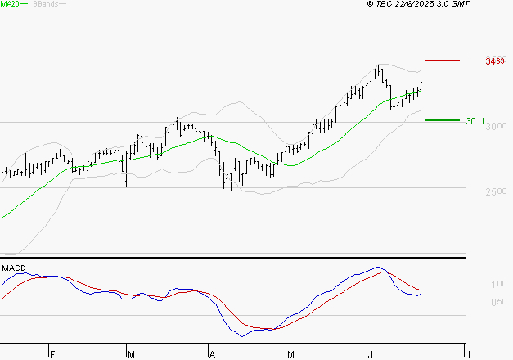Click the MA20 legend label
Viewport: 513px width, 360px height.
point(10,4)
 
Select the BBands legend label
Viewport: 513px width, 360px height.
point(46,4)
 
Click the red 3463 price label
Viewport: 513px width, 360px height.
point(494,61)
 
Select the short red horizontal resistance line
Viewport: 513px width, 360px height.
point(443,61)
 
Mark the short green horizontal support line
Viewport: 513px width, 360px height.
point(443,119)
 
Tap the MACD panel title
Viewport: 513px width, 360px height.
point(13,268)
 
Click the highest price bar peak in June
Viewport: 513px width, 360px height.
point(379,65)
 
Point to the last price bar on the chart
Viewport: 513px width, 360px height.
point(421,84)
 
